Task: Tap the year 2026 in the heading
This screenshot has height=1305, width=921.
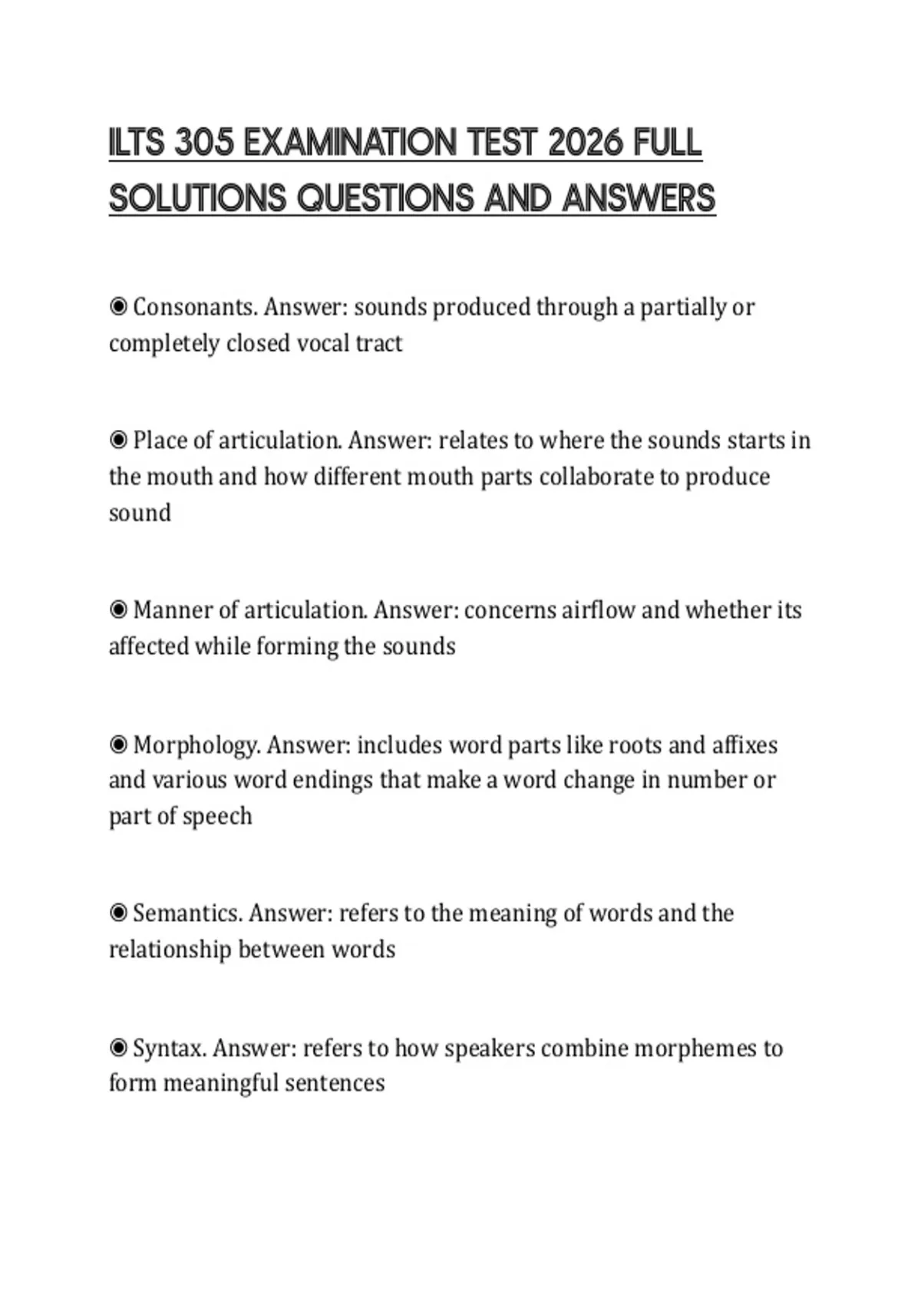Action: pos(587,144)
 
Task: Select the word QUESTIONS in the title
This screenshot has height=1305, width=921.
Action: pos(386,199)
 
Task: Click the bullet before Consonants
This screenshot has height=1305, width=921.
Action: pos(118,307)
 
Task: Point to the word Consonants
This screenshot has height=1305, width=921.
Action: pos(194,307)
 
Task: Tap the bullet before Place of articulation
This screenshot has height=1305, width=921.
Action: pos(118,441)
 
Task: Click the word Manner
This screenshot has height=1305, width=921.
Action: pos(173,610)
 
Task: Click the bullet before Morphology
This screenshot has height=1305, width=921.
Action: pos(118,745)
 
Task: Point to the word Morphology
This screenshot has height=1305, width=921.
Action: pos(196,745)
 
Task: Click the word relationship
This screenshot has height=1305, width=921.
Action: pos(170,950)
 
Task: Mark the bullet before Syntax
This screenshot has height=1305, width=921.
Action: pos(118,1048)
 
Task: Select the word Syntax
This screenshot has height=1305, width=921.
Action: pos(170,1049)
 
